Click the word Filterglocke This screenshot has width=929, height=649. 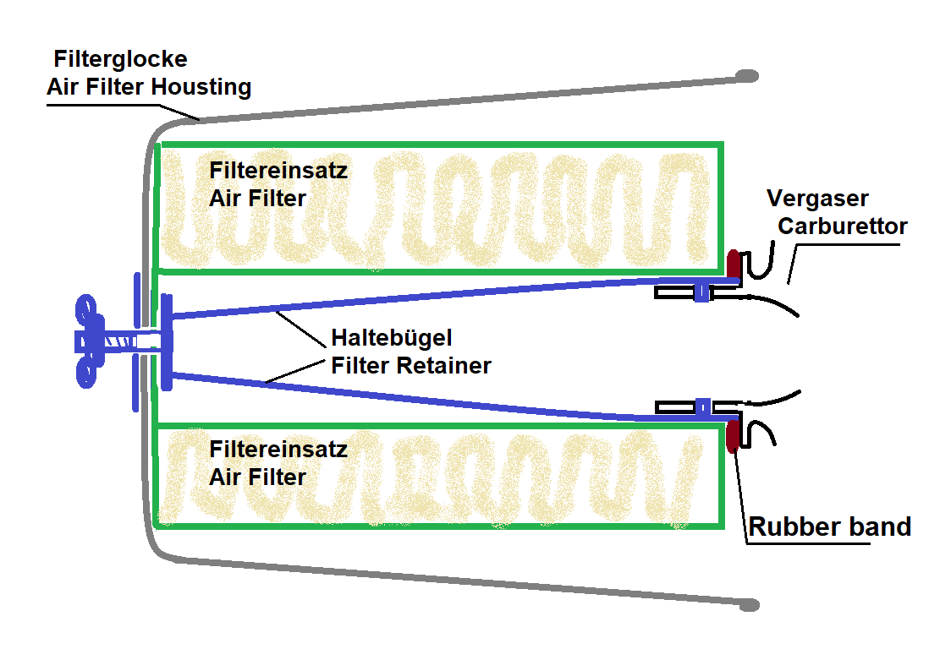120,59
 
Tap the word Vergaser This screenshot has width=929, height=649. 817,199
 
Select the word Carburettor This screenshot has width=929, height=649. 843,226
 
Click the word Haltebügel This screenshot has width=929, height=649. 392,338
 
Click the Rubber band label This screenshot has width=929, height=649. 829,526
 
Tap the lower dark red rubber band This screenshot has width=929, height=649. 734,435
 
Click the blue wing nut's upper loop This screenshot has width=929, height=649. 86,309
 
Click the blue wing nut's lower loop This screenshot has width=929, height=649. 86,374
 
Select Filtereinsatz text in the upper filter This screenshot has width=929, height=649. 278,171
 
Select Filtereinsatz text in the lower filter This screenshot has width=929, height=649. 278,449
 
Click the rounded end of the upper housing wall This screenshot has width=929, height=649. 748,76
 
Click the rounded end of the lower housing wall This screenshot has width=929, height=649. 750,604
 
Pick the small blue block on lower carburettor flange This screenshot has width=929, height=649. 703,407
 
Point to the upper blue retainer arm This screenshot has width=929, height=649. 456,297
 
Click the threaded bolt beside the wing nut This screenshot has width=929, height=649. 120,342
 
